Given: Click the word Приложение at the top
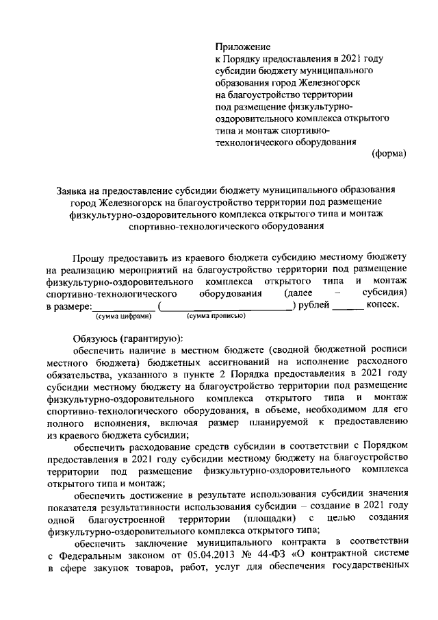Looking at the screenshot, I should tap(243, 47).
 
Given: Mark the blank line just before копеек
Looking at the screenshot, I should tap(348, 308).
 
